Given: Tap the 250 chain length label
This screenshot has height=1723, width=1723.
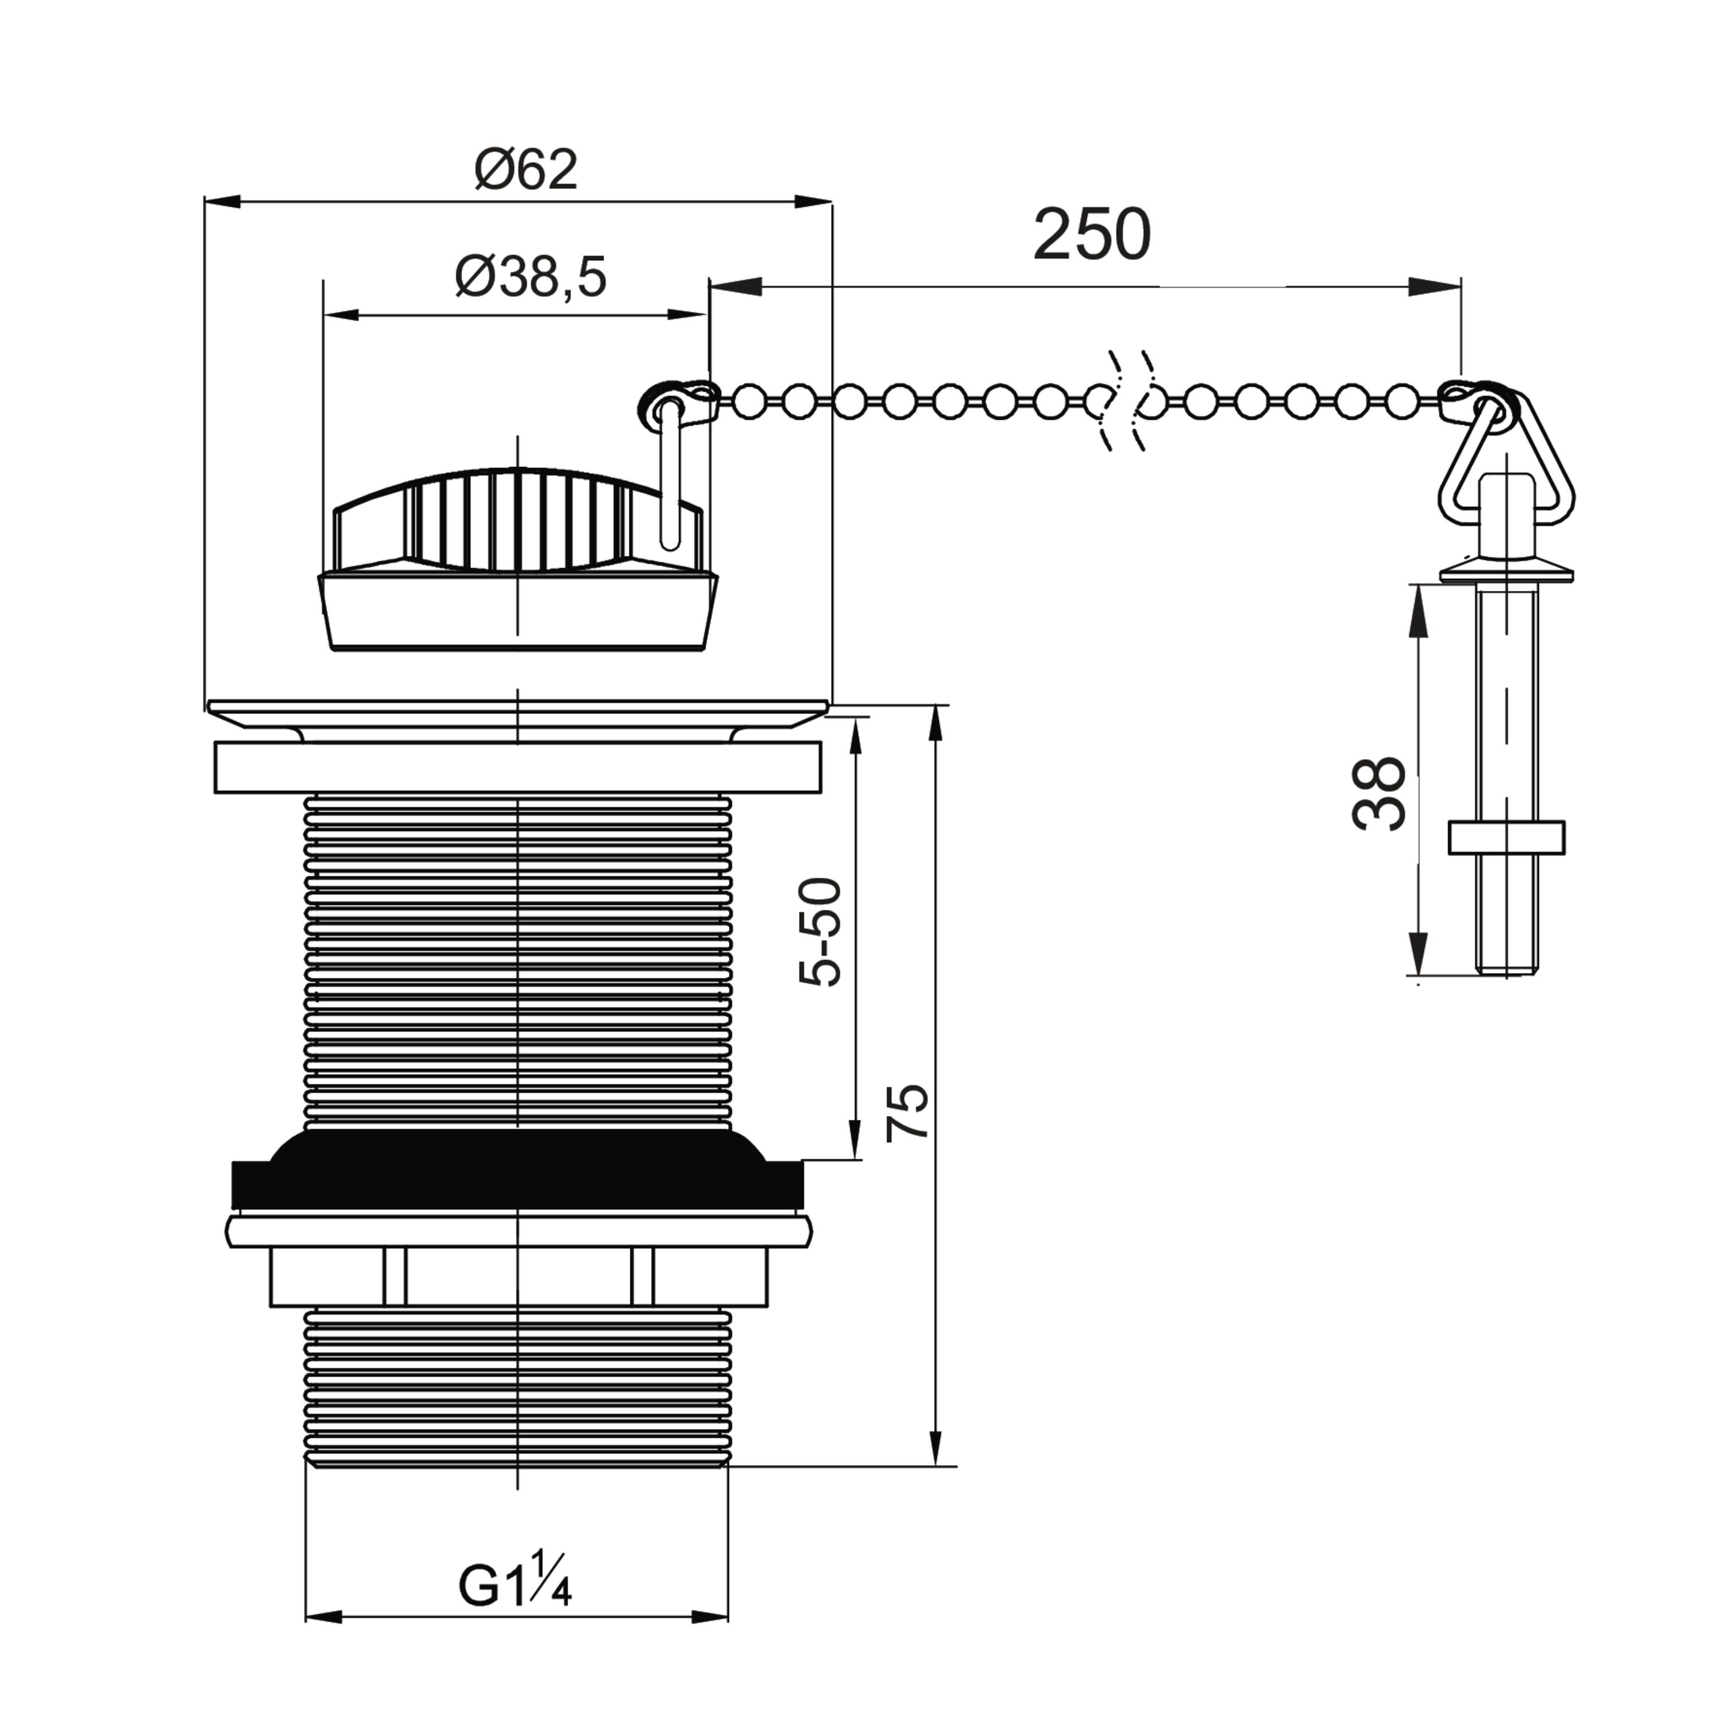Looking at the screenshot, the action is pos(1092,235).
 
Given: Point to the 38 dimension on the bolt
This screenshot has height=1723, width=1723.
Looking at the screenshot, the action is pos(1379,794).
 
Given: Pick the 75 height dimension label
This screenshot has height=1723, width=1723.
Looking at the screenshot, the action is pos(908,1112).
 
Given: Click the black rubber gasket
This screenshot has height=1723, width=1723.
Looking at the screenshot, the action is pos(517,1169).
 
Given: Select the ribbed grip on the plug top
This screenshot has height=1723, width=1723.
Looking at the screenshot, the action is pos(517,519).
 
